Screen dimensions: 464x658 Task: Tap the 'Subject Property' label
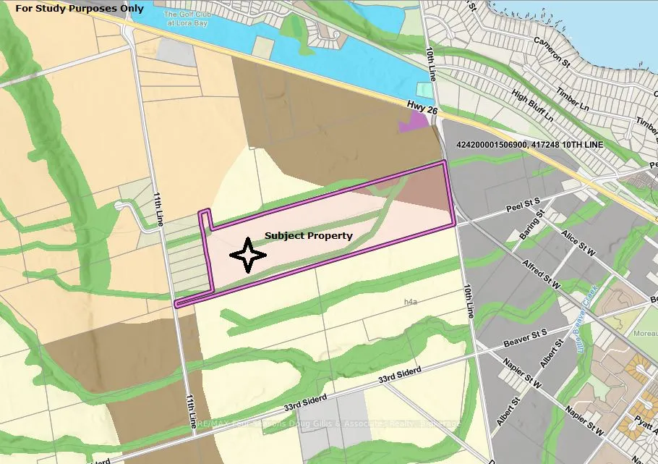pyautogui.click(x=308, y=236)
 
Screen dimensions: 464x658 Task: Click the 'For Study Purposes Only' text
pyautogui.click(x=80, y=9)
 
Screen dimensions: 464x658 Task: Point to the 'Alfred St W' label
pyautogui.click(x=541, y=276)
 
